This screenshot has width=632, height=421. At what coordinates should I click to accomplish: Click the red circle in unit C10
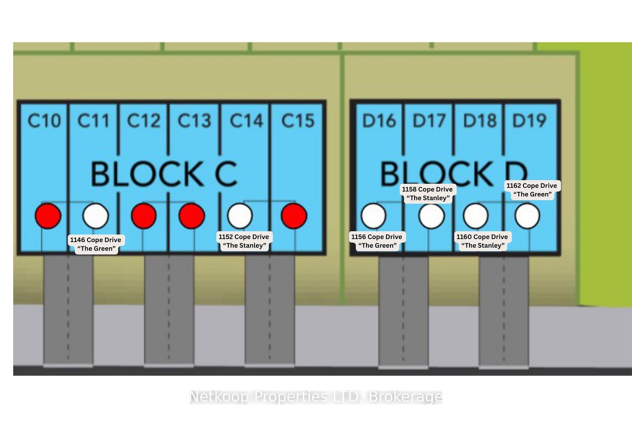(x=48, y=216)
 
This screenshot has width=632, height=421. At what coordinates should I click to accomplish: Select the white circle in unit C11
(x=96, y=216)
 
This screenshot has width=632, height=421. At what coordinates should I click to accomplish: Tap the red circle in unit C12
(x=144, y=216)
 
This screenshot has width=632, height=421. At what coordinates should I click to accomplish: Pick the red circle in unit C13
(x=192, y=216)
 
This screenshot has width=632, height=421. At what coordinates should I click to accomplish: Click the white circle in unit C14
(x=240, y=216)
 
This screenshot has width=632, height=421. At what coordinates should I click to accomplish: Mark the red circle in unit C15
(x=294, y=216)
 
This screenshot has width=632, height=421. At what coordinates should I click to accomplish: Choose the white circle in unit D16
(x=374, y=216)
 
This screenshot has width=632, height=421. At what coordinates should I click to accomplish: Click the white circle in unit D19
(x=527, y=216)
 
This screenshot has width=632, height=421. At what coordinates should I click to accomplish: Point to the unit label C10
(x=44, y=120)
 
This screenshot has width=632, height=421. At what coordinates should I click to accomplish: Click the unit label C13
(x=194, y=120)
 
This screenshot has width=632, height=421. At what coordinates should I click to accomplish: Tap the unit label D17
(x=429, y=120)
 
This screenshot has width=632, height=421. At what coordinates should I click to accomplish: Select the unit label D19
(x=530, y=120)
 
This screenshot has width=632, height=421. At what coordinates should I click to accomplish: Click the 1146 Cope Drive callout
(x=96, y=244)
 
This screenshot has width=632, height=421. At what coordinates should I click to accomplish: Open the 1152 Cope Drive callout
(x=244, y=241)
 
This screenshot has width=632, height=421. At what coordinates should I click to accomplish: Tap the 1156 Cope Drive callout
(x=377, y=241)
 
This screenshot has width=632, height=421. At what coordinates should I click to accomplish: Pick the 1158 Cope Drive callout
(x=428, y=193)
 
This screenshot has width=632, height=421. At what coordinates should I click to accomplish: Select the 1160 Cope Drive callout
(x=482, y=241)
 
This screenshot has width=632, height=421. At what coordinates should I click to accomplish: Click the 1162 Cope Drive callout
(x=532, y=190)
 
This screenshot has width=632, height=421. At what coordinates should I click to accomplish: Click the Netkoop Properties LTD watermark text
(x=316, y=397)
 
